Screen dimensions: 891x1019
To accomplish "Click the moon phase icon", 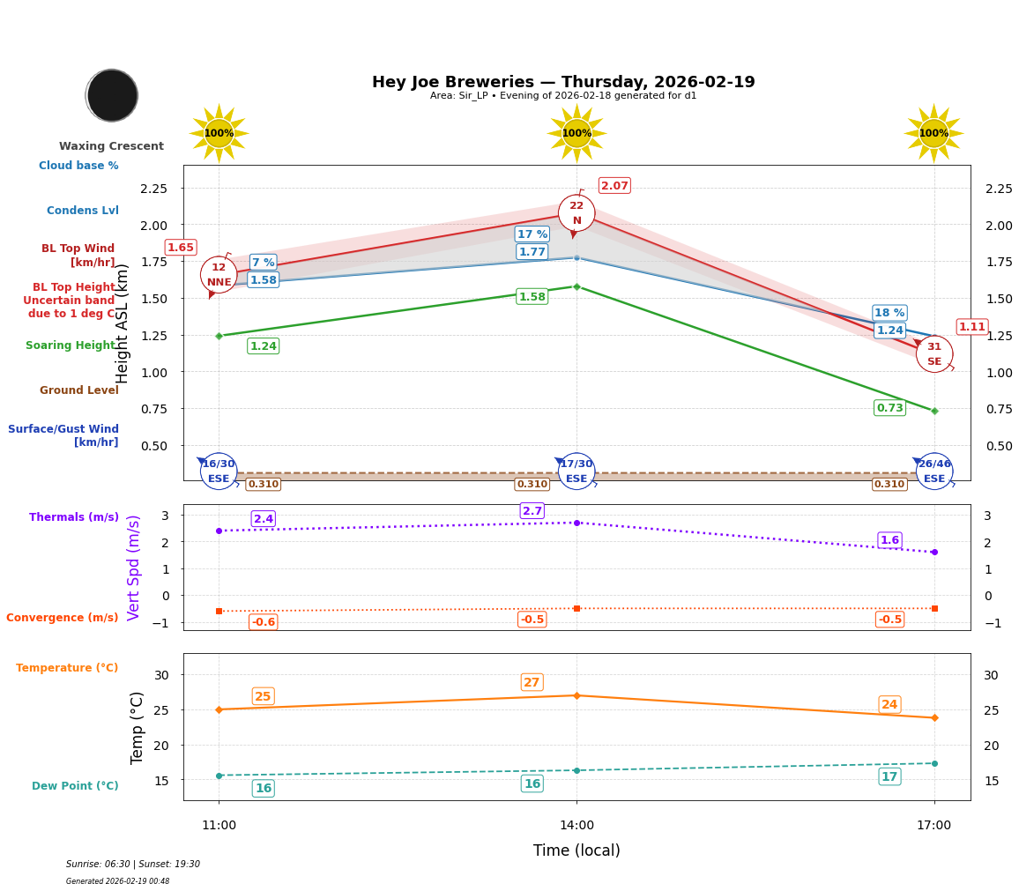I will pos(112,95).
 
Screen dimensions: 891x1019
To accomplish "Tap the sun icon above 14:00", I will pos(576,133).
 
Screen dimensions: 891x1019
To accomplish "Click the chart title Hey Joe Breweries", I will pos(562,82).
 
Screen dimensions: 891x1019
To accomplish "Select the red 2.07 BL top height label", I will pos(614,186).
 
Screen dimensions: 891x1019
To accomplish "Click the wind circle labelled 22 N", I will pos(576,212).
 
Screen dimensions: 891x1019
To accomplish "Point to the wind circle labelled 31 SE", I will pos(933,354).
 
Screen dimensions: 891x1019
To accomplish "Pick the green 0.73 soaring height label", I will pos(889,408).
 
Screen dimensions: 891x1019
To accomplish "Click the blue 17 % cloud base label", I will pos(532,234).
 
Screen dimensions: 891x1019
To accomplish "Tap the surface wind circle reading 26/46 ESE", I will pos(933,471).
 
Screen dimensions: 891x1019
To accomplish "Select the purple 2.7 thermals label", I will pos(532,511).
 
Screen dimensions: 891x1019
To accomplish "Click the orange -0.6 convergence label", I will pos(263,622).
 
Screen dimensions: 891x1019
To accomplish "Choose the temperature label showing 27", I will pos(532,682).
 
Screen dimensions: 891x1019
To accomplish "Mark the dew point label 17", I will pos(889,776).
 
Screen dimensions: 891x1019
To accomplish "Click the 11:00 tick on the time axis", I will pos(219,826).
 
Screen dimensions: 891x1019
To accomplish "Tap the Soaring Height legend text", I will pos(71,345).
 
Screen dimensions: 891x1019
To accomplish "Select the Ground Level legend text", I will pos(78,390).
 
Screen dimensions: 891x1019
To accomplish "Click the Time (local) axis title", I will pos(576,850).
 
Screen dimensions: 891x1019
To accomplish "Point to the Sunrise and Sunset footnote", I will pos(133,865).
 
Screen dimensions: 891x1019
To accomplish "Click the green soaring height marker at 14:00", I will pos(576,286).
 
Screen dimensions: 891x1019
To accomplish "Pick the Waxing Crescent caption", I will pos(111,146).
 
